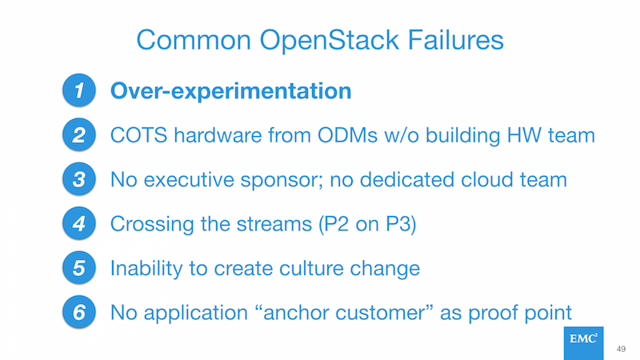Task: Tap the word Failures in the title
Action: coord(455,40)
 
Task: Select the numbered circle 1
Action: coord(78,90)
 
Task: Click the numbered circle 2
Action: coord(78,134)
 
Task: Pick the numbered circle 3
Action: coord(78,179)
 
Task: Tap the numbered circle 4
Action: coord(78,223)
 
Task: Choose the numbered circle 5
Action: coord(78,268)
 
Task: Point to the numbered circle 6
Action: coord(78,312)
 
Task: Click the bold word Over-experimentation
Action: coord(231,91)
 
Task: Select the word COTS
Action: coord(138,135)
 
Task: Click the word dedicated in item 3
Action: coord(406,179)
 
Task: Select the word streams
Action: coord(274,224)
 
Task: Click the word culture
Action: coord(311,269)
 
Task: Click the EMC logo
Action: coord(584,343)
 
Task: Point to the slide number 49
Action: coord(621,349)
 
